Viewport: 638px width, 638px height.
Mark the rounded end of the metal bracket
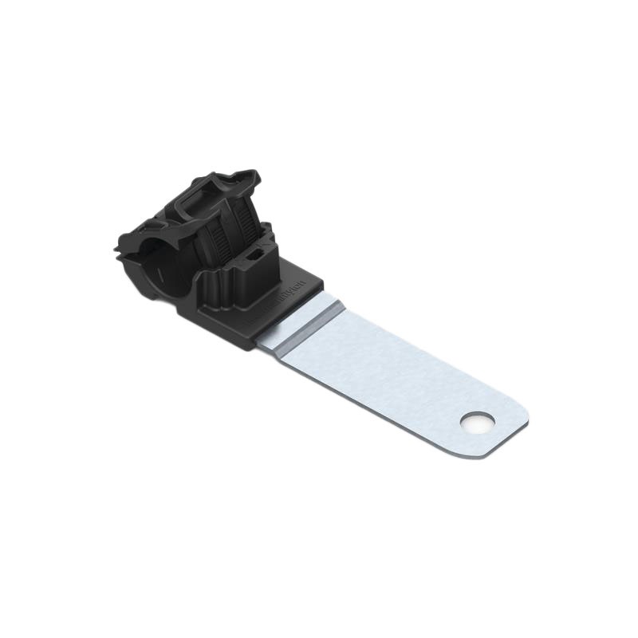tap(510, 427)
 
